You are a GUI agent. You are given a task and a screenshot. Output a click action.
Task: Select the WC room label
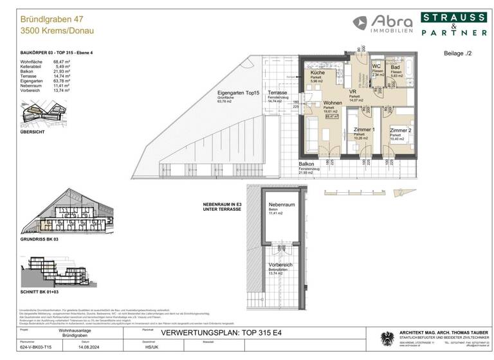click(x=378, y=67)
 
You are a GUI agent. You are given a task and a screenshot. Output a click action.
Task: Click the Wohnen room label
click(x=333, y=103)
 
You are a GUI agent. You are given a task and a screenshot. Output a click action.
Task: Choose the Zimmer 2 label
click(x=400, y=130)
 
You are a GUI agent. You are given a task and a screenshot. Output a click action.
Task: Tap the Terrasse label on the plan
click(x=277, y=93)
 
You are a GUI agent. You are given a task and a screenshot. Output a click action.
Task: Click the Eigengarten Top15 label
click(x=238, y=93)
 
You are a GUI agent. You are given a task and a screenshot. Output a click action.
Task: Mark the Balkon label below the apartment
click(x=304, y=166)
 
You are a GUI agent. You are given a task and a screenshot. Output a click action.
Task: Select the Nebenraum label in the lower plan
click(x=280, y=205)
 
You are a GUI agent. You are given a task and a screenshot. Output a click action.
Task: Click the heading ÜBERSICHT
click(x=33, y=132)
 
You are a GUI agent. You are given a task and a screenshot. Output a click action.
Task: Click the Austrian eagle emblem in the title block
click(x=387, y=339)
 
